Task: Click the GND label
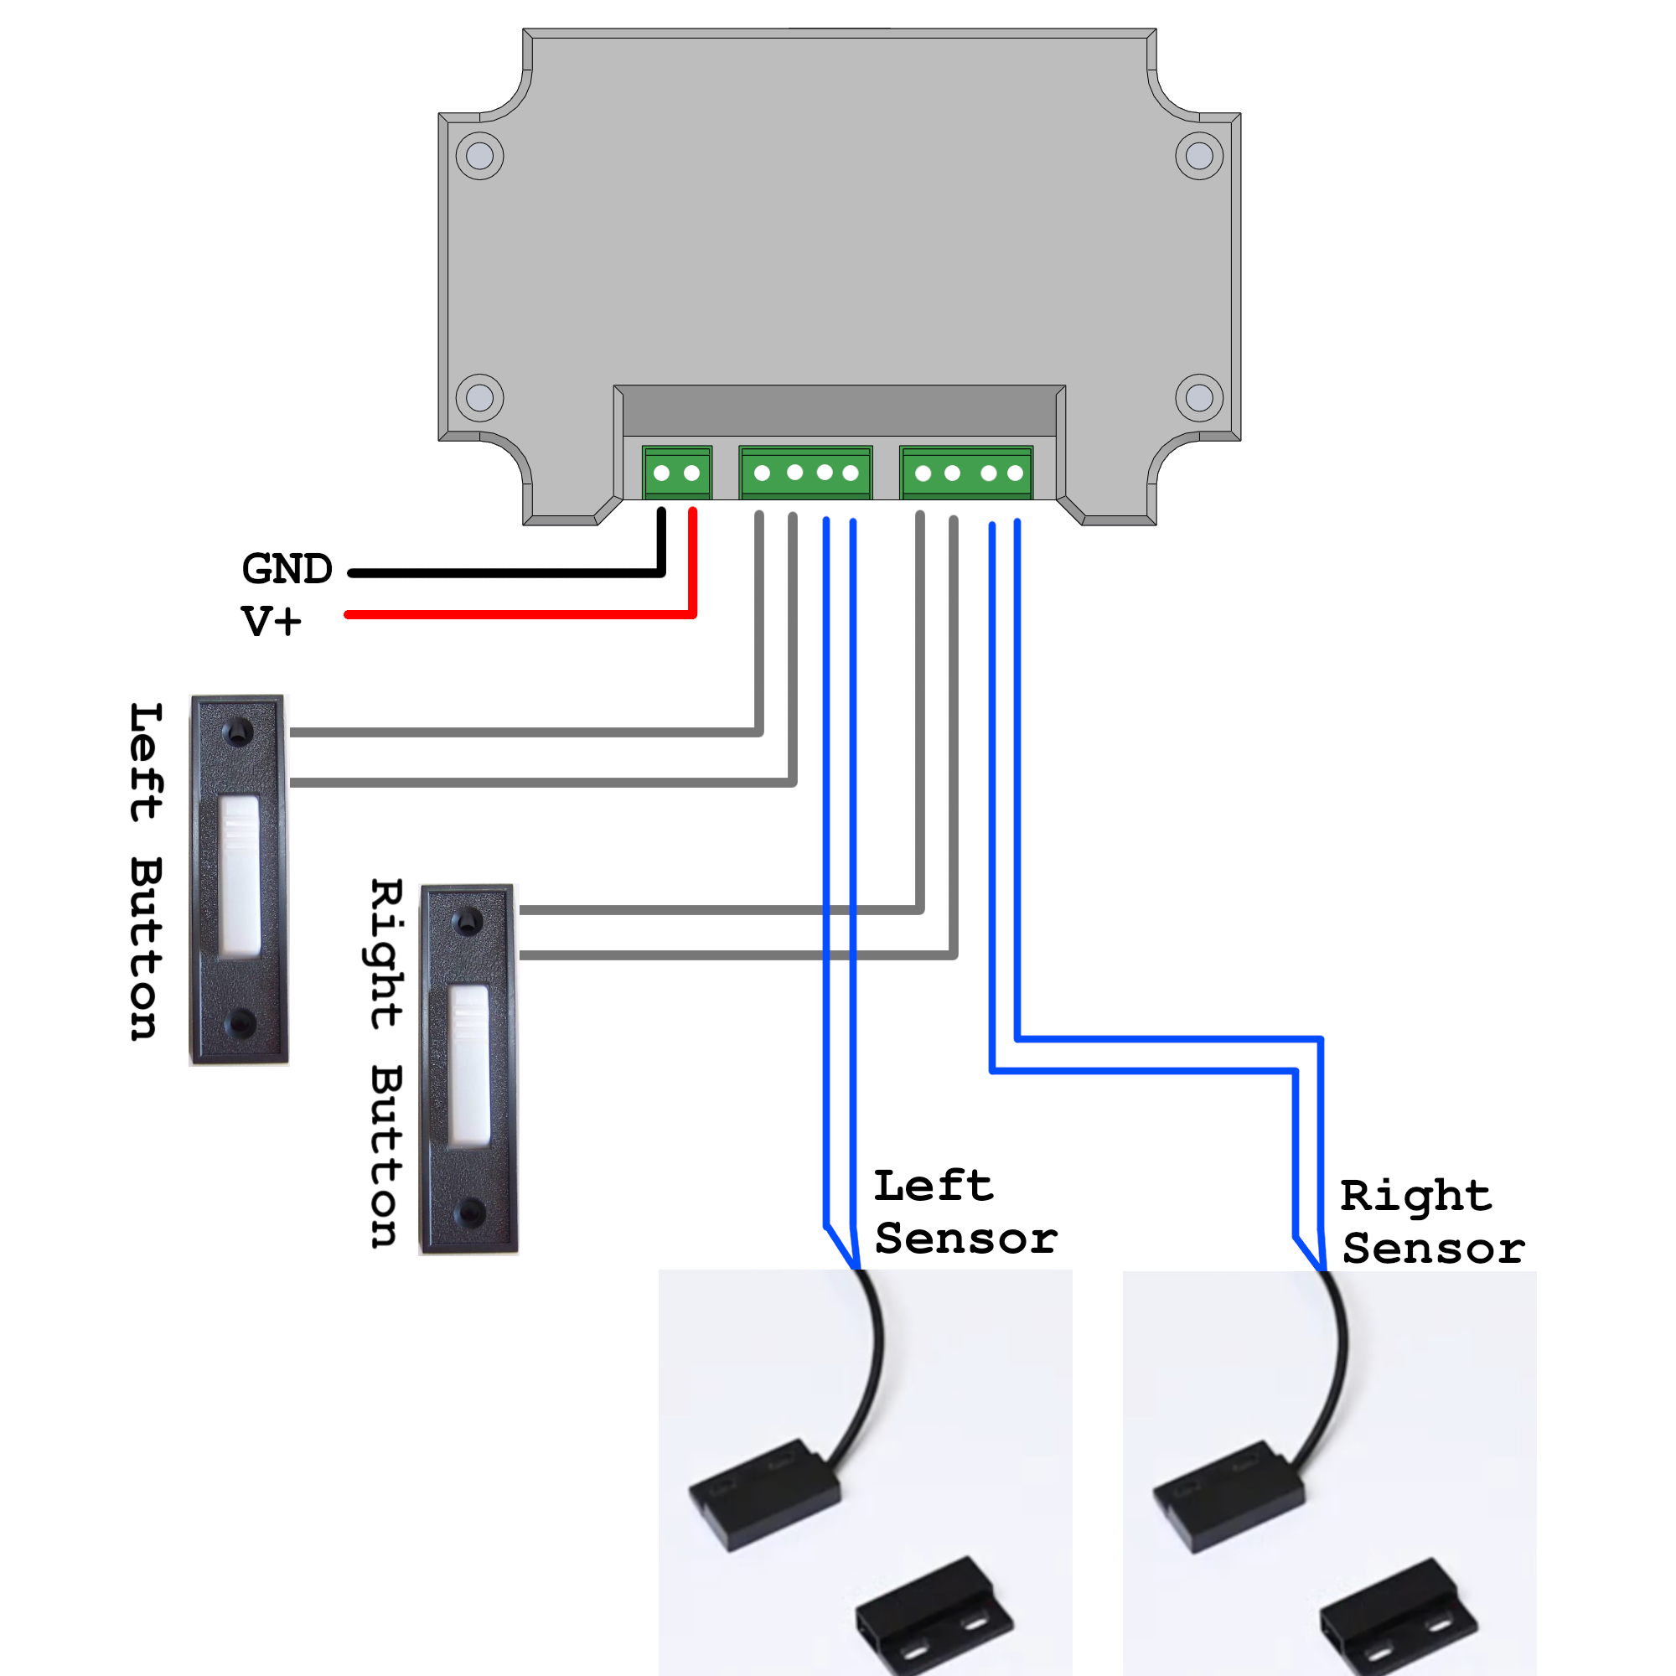point(287,569)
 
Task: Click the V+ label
point(272,621)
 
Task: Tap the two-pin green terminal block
point(676,473)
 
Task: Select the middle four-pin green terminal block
point(805,473)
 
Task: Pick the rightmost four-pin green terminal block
point(966,473)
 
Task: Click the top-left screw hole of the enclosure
point(479,156)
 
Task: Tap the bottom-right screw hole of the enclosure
point(1199,397)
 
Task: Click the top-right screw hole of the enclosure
point(1199,156)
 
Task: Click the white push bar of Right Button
point(469,1066)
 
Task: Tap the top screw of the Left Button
point(238,733)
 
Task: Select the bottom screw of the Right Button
point(470,1212)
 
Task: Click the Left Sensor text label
point(965,1213)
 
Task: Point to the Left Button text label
point(146,871)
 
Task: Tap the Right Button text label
point(385,1063)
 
